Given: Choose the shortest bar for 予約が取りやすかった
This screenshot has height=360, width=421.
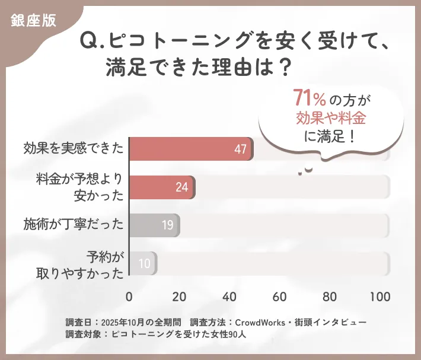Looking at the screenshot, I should tap(143, 263).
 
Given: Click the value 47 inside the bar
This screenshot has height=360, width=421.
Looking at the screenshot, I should tap(240, 149).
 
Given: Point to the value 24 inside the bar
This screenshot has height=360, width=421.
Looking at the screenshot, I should tap(181, 187).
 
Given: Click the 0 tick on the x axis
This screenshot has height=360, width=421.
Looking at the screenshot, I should tap(129, 297).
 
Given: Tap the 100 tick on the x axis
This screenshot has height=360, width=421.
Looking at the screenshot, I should tap(379, 297).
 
